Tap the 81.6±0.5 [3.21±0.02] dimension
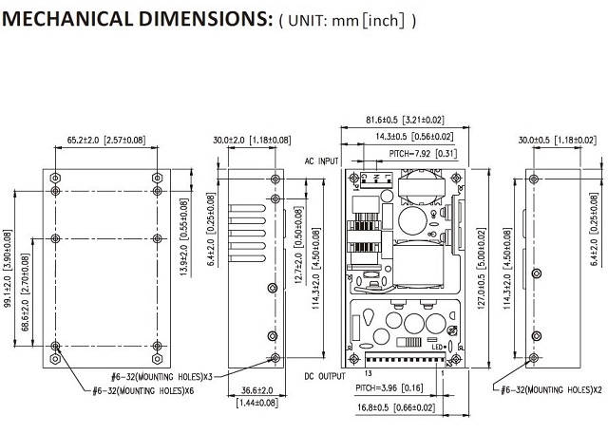pyautogui.click(x=405, y=121)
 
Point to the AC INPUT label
pyautogui.click(x=320, y=161)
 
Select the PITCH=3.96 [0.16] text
pyautogui.click(x=391, y=387)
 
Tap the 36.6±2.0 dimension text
pyautogui.click(x=246, y=389)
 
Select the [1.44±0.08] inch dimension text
pyautogui.click(x=245, y=403)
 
